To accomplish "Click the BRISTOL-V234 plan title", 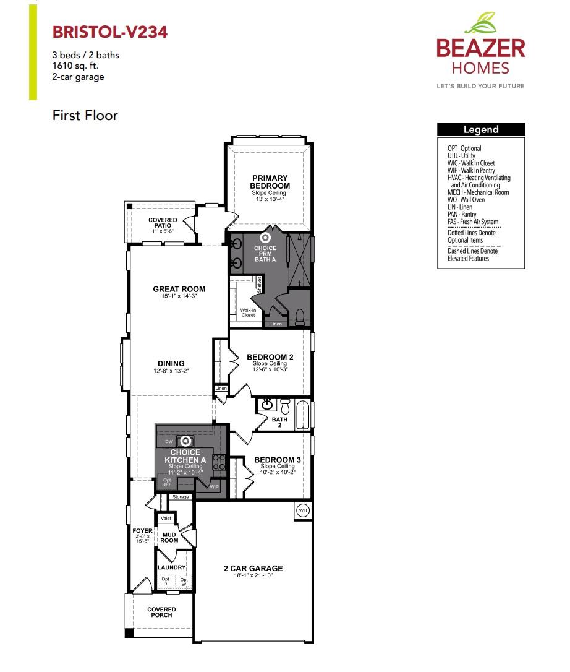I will coord(109,32).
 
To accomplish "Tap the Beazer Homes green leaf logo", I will coord(481,24).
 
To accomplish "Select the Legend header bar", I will coord(481,129).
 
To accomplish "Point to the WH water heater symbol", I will coord(303,510).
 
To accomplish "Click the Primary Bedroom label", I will coord(270,183).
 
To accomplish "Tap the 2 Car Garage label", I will coord(253,568).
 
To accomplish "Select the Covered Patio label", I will coord(163,223).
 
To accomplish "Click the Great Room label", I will coord(179,289).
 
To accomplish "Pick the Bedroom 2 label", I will coord(270,357).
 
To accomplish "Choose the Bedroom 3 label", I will coord(278,460).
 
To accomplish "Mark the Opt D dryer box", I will coord(165,582).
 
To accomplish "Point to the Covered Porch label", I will coord(161,612).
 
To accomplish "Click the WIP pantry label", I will coord(215,487).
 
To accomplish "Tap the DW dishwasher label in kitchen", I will coord(169,441).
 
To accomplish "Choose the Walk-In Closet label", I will coord(248,312).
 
